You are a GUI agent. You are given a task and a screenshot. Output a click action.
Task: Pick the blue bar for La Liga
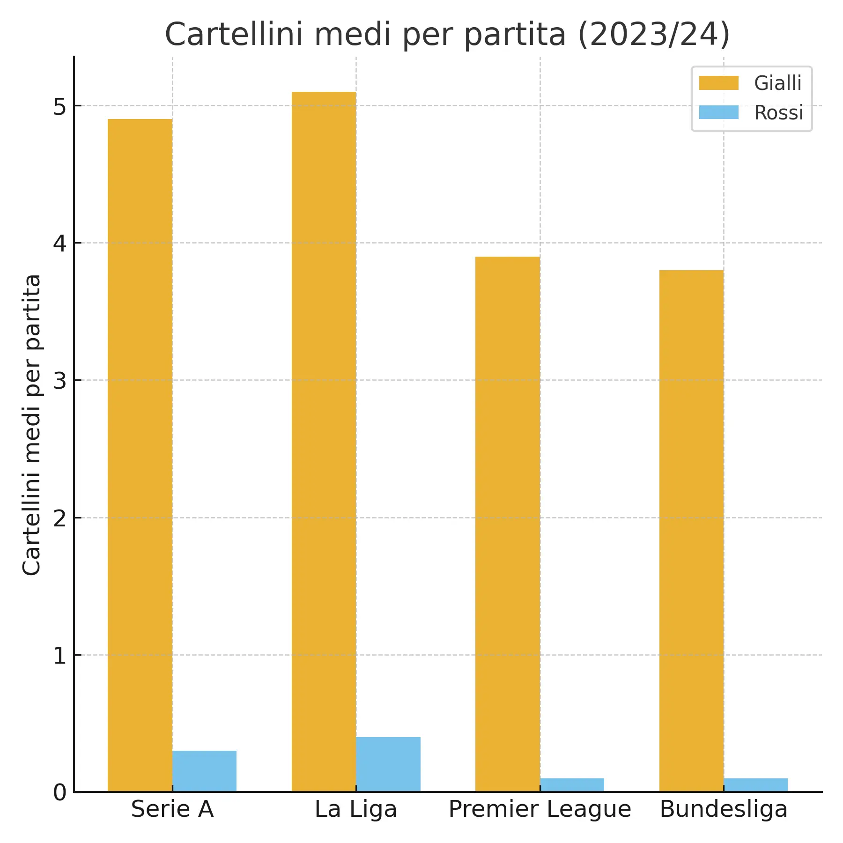point(388,764)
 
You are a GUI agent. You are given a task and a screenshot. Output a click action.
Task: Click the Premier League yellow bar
point(508,524)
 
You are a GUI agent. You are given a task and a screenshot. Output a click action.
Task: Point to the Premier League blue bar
point(572,785)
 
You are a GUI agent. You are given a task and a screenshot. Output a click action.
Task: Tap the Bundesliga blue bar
point(755,785)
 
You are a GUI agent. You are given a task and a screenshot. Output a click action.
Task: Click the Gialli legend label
point(778,83)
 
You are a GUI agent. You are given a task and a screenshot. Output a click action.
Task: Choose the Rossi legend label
point(778,113)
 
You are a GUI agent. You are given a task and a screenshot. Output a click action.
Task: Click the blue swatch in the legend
point(718,113)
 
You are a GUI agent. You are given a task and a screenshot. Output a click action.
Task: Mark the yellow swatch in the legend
point(718,83)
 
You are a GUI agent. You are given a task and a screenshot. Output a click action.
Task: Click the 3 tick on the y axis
point(60,381)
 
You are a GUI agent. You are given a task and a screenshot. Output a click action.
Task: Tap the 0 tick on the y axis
point(60,792)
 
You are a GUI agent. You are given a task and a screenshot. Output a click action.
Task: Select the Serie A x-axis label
point(172,809)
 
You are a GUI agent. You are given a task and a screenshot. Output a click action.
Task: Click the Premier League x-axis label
point(540,809)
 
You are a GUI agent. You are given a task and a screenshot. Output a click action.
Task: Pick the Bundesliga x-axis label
point(724,809)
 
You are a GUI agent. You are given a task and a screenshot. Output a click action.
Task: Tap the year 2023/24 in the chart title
point(654,34)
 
